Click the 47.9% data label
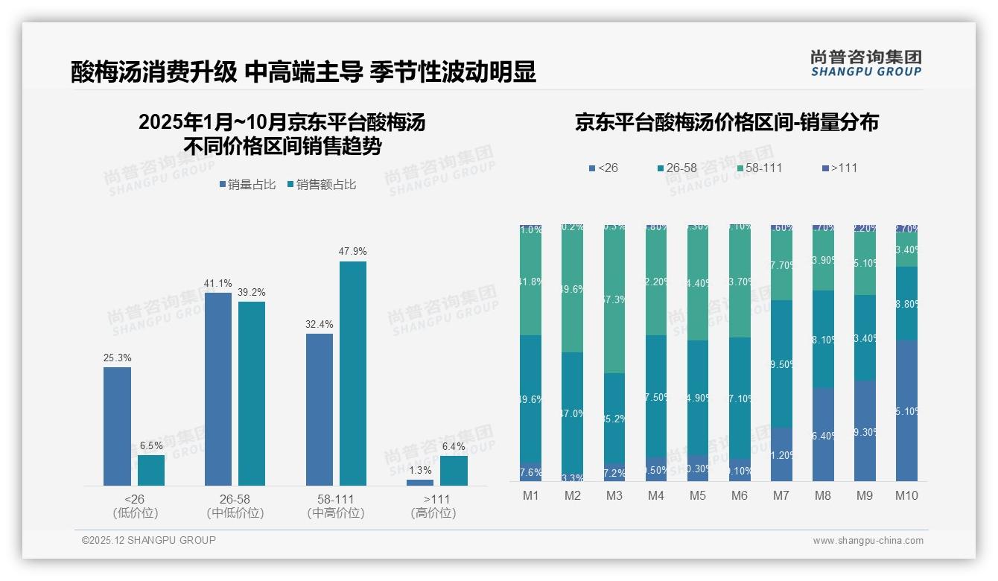[353, 252]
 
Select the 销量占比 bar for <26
[117, 426]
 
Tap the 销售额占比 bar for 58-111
[353, 373]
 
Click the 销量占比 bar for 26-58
[218, 389]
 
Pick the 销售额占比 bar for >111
[454, 471]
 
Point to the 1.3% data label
[420, 470]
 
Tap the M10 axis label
[906, 496]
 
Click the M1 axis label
[531, 496]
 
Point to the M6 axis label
[739, 496]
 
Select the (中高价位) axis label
[336, 513]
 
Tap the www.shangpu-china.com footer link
[868, 541]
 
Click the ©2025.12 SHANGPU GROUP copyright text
[149, 540]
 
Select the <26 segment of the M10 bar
[906, 410]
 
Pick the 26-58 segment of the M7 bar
[781, 363]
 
